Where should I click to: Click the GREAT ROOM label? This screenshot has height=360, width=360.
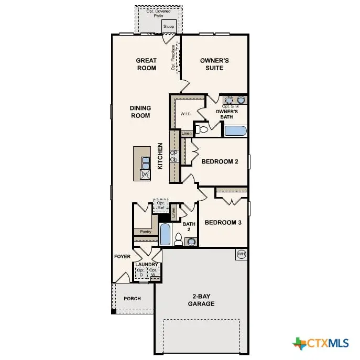(x=146, y=64)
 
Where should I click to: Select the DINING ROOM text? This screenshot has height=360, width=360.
(x=140, y=112)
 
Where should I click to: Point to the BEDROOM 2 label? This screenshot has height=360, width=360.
(x=220, y=162)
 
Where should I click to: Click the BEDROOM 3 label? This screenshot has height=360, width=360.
(x=223, y=223)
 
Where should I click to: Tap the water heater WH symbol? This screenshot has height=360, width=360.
(x=241, y=254)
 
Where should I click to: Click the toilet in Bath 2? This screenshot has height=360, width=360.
(x=178, y=239)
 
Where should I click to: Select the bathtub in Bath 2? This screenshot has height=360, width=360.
(x=165, y=234)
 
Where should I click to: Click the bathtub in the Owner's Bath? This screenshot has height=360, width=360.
(x=235, y=130)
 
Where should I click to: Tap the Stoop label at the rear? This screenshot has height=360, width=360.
(x=169, y=26)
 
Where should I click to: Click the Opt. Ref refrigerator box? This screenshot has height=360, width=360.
(x=160, y=206)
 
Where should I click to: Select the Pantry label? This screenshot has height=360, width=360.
(x=145, y=232)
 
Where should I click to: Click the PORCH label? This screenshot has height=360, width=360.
(x=132, y=299)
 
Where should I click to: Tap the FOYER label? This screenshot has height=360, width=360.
(x=122, y=257)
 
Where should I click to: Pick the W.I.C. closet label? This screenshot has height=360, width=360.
(x=186, y=114)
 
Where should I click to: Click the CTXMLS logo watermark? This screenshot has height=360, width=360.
(x=321, y=343)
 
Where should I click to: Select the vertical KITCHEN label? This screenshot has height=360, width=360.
(x=160, y=156)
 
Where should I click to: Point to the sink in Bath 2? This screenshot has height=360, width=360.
(x=191, y=242)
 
